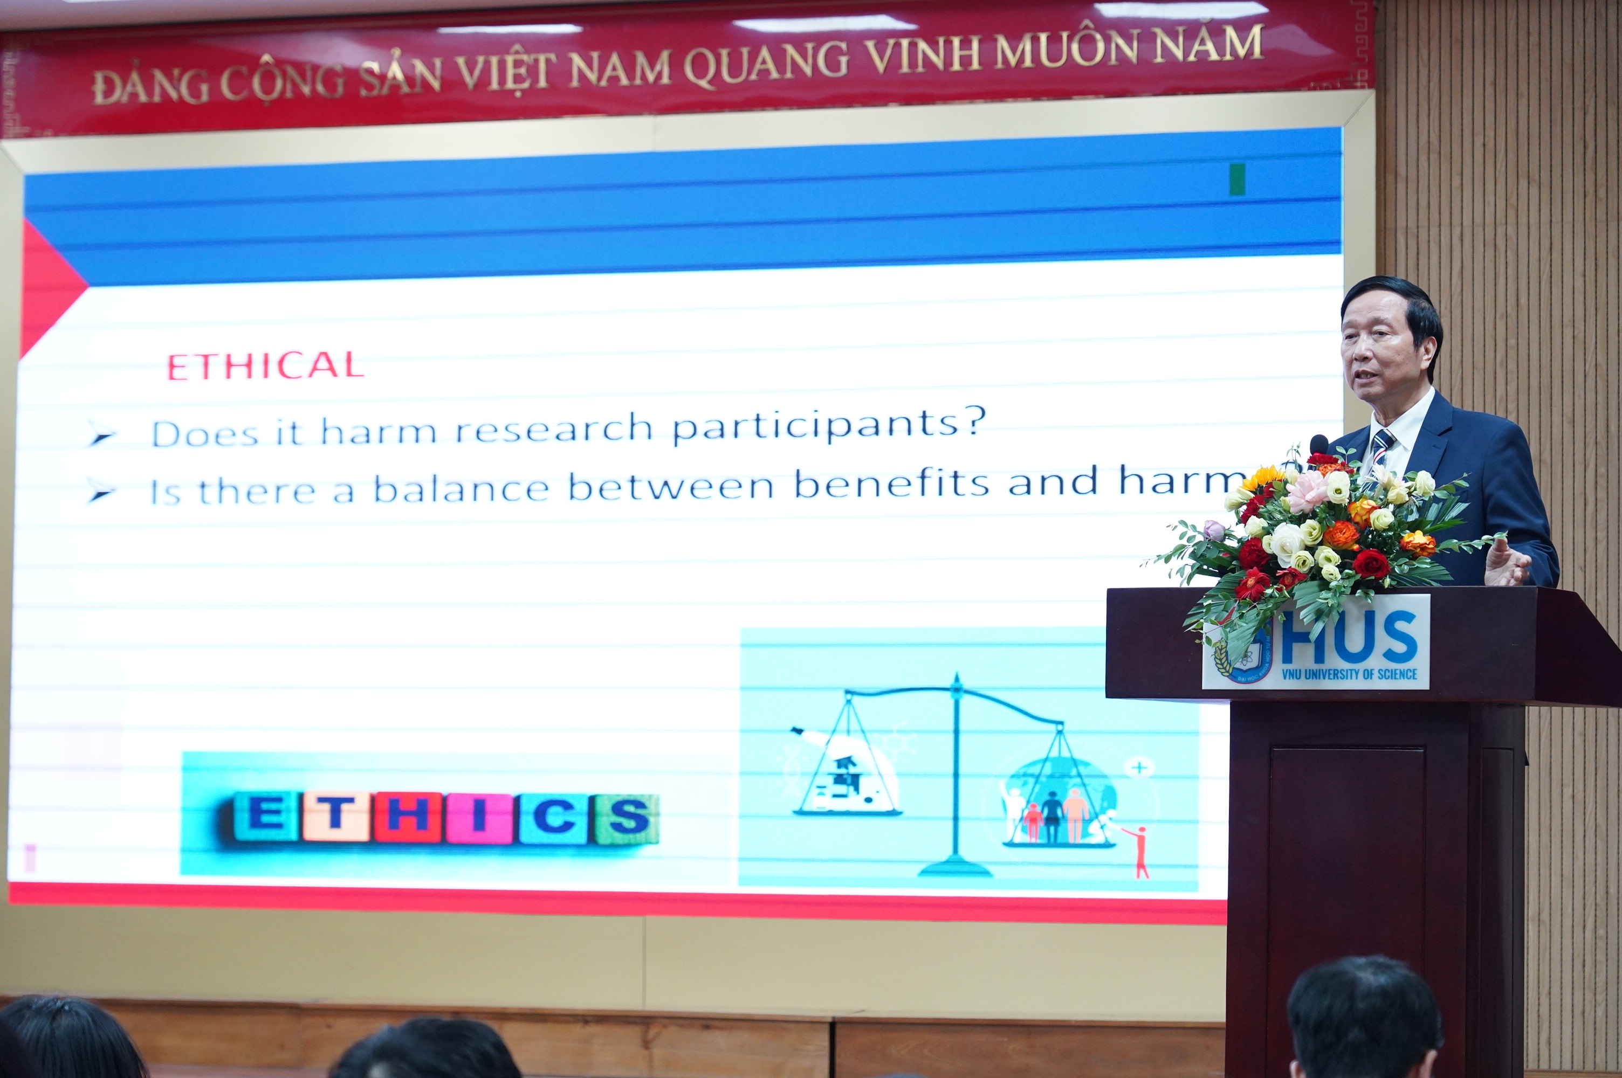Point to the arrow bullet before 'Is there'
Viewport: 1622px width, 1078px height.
click(x=102, y=492)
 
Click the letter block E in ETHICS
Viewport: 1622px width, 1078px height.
click(x=265, y=816)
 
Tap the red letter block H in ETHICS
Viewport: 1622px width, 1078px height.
click(x=408, y=816)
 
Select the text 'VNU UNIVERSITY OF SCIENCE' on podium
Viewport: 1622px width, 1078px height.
click(x=1349, y=674)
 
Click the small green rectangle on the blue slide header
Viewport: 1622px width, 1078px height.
click(x=1237, y=180)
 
